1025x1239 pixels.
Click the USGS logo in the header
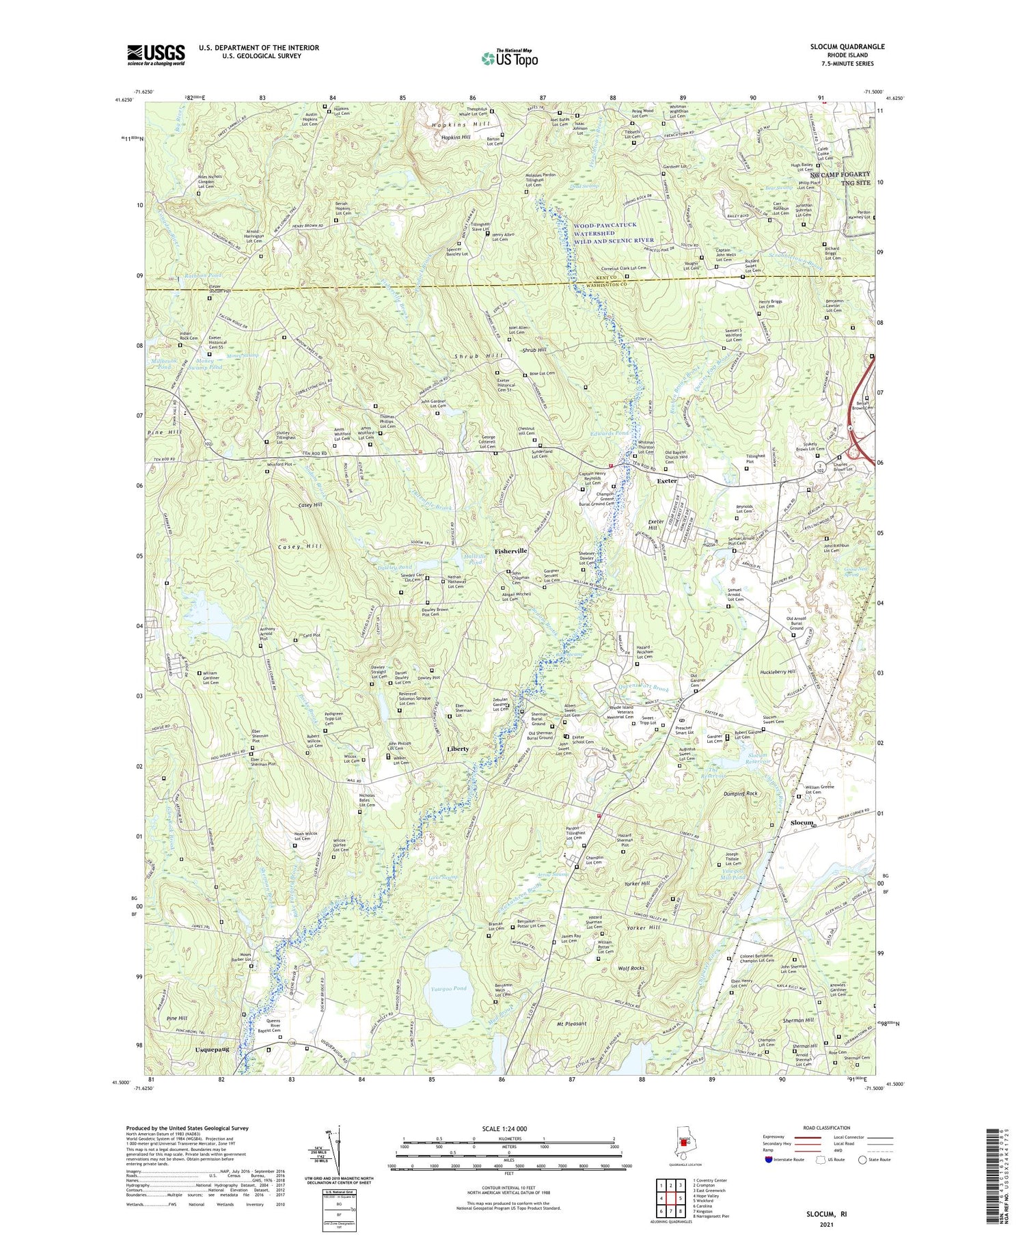coord(156,54)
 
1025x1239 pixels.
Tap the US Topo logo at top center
coord(509,58)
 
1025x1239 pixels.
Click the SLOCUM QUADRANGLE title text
coord(845,46)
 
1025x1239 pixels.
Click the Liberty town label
coord(458,748)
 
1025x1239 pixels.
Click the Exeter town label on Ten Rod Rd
coord(667,481)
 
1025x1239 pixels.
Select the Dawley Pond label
coord(394,567)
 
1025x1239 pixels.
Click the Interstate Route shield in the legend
coord(768,1160)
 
